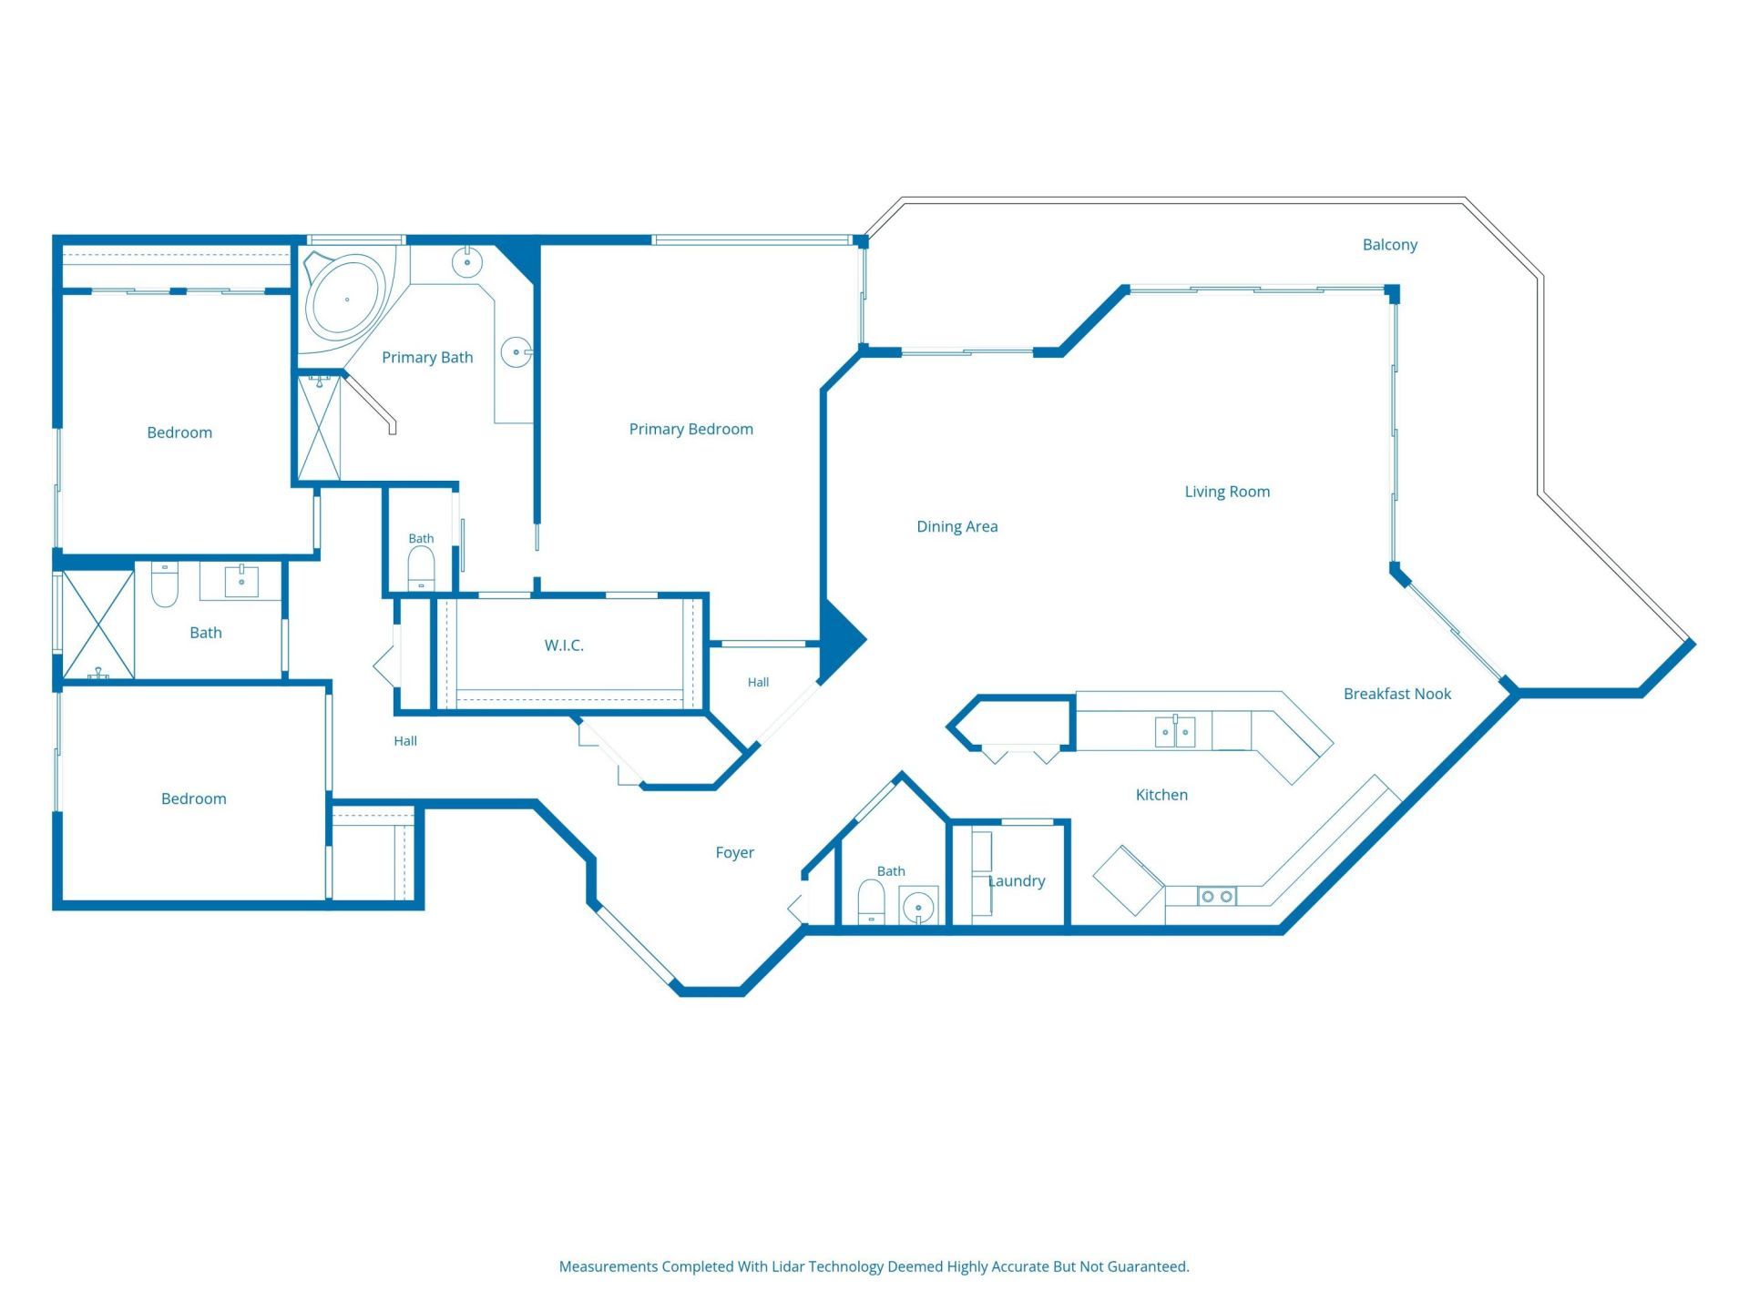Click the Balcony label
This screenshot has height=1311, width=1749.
pos(1389,245)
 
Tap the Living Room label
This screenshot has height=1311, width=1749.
pos(1227,492)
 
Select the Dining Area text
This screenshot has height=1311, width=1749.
pos(956,526)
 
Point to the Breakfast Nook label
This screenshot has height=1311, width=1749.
pos(1397,694)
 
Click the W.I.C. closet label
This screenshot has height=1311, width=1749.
pos(564,645)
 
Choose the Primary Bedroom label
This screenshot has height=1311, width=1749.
pos(690,429)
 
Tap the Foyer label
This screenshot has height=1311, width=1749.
pos(734,853)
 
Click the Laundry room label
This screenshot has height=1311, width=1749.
pos(1017,881)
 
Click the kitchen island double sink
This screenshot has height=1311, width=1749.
pos(1175,731)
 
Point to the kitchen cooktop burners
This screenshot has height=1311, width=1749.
pos(1217,897)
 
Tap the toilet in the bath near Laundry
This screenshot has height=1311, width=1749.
pos(872,901)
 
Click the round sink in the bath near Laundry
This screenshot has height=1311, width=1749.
pos(918,907)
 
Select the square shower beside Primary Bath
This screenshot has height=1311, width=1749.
pos(320,428)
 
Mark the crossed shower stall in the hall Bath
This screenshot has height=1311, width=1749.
pos(98,625)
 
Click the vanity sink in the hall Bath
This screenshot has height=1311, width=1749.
pos(241,581)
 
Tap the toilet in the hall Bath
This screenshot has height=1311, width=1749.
pos(164,584)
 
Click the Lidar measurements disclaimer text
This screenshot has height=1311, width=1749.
pos(874,1266)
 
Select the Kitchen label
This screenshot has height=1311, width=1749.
pos(1161,795)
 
